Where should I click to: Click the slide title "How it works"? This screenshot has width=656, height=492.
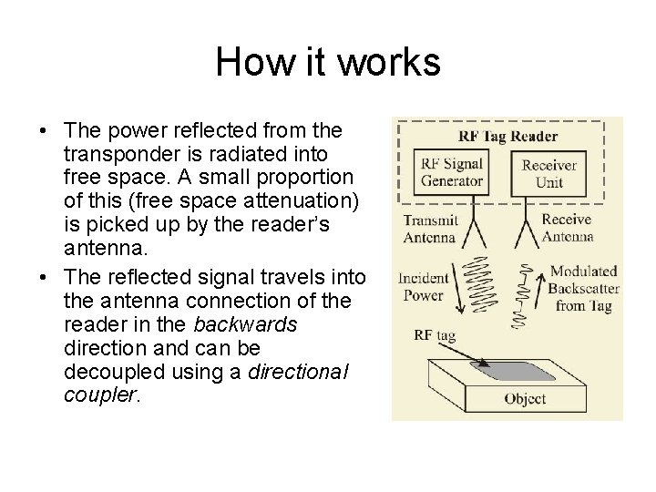point(328,63)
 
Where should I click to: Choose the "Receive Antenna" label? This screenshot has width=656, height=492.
point(567,228)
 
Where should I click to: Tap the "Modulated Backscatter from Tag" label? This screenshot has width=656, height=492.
point(586,289)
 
